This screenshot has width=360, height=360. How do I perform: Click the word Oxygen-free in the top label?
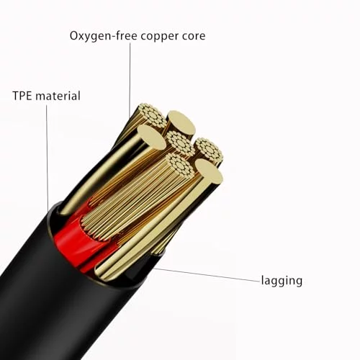pos(104,36)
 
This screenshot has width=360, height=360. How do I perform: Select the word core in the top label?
pos(194,36)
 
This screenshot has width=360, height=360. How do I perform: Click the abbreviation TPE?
pos(22,96)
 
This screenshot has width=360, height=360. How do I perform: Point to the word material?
pos(58,96)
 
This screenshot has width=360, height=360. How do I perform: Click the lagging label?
pos(282,281)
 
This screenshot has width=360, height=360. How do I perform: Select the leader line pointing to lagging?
pos(207,274)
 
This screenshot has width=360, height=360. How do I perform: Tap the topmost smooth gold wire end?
pos(181,123)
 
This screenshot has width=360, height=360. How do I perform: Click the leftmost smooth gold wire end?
pos(152,137)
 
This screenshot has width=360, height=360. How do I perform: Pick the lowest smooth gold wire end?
pos(209,171)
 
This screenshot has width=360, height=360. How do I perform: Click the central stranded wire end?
pos(181,143)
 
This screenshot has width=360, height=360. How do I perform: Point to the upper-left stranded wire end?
pos(153,115)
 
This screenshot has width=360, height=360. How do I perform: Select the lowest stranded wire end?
pos(181,166)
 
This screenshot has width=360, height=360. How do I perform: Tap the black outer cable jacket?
pos(60,300)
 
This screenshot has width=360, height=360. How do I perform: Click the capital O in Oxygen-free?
pos(74,36)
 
